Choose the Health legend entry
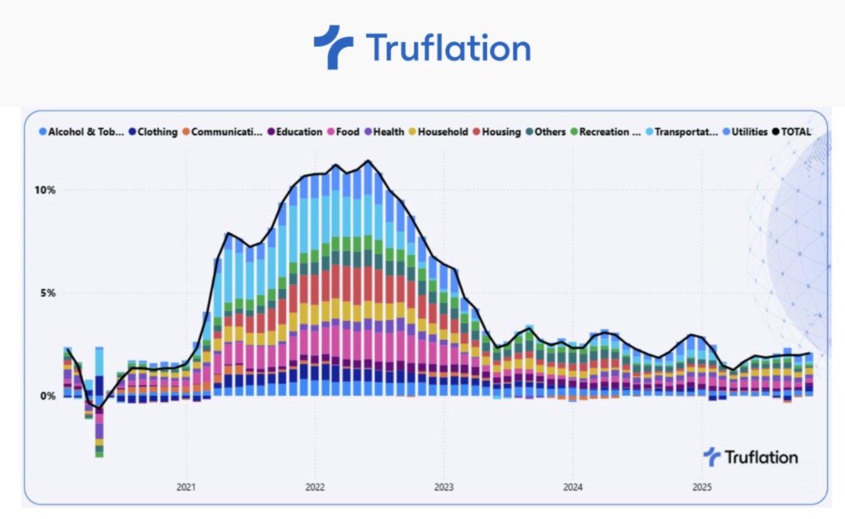(x=389, y=132)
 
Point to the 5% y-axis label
(x=48, y=293)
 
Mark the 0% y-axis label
(x=48, y=396)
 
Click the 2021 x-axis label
(x=186, y=487)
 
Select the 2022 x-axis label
(x=315, y=487)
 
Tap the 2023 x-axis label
(x=444, y=487)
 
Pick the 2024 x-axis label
(x=572, y=487)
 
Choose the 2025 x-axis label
(x=701, y=487)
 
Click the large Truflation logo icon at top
(x=333, y=46)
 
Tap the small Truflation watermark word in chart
(x=761, y=457)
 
